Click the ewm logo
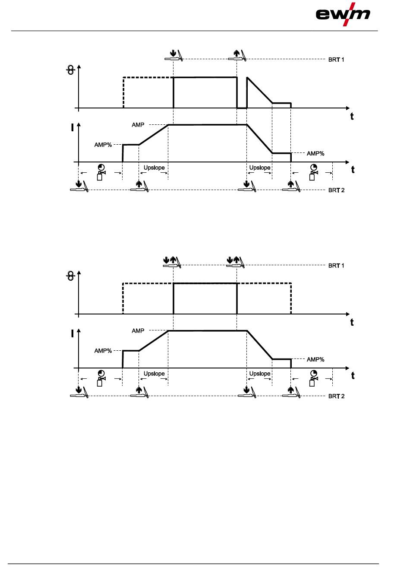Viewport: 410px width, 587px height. [343, 14]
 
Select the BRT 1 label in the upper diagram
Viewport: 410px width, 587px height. [336, 60]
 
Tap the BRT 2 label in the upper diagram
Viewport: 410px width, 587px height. [336, 190]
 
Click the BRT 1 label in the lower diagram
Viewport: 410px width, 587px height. [336, 266]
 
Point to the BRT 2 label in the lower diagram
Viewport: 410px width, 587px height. [336, 397]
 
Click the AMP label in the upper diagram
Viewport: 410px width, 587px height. [138, 125]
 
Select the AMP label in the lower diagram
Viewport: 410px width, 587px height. [138, 331]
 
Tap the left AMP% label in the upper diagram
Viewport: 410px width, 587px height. [103, 145]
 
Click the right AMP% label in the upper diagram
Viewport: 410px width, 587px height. [315, 154]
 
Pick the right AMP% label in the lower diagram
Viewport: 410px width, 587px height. [315, 360]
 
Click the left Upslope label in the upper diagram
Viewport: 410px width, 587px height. [154, 168]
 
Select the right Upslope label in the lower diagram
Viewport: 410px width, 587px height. [260, 374]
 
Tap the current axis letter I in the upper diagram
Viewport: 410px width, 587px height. [73, 128]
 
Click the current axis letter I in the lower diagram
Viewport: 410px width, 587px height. [73, 334]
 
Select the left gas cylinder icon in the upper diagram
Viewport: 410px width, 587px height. [101, 172]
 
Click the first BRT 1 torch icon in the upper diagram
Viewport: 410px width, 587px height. [174, 55]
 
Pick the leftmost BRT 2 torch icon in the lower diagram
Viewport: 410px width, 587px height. [79, 392]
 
